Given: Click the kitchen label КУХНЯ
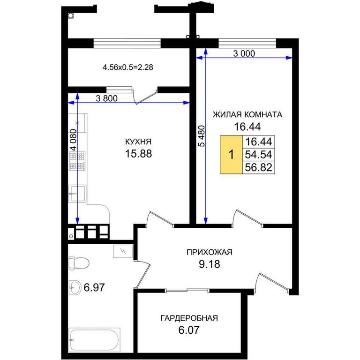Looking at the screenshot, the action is (138, 142).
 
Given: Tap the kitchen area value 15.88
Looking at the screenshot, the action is (138, 154).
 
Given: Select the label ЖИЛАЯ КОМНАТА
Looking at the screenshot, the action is (247, 114).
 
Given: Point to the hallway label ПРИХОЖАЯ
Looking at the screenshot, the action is (210, 252).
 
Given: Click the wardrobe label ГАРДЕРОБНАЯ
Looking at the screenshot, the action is (189, 318).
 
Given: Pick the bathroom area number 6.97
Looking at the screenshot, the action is (94, 287).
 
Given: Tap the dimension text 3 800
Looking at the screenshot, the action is (106, 98).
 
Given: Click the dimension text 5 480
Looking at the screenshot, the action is (202, 136).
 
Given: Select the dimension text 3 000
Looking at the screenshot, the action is (244, 53).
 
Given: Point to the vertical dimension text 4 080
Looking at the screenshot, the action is (74, 140).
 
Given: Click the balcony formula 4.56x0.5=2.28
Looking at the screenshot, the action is (128, 67).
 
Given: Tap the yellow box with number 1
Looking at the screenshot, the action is (231, 155).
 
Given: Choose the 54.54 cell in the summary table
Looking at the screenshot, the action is (259, 155).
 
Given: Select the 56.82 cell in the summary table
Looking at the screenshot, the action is (259, 167).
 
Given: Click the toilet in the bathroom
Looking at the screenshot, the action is (79, 263).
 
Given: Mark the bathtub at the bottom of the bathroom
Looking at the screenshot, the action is (94, 340).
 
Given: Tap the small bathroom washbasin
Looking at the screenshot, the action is (75, 287).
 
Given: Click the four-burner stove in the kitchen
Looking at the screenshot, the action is (77, 161).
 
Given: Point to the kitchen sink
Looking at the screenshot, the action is (77, 194).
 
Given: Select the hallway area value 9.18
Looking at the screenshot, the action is (210, 264).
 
